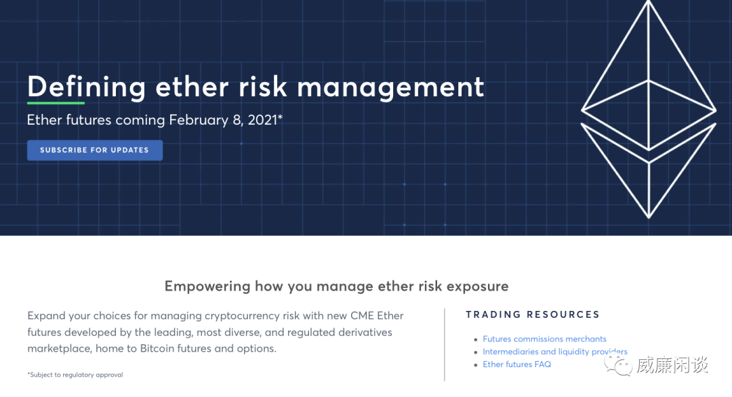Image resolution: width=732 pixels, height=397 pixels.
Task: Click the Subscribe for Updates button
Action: click(x=95, y=150)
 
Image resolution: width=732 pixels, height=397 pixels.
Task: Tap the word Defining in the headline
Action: click(x=87, y=87)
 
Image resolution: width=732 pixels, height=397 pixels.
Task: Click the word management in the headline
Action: click(x=391, y=87)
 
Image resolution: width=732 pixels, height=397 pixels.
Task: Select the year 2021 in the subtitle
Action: click(x=263, y=120)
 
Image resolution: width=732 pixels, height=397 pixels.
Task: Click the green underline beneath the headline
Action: click(x=56, y=102)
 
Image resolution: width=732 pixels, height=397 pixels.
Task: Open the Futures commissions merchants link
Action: click(x=544, y=339)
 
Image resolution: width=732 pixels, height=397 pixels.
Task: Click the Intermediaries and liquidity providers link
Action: click(x=555, y=352)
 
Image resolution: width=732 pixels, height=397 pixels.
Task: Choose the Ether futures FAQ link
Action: click(x=516, y=364)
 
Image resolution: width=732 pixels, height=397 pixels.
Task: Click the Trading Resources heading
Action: click(x=533, y=314)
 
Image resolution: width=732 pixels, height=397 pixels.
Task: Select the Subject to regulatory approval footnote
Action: click(x=75, y=375)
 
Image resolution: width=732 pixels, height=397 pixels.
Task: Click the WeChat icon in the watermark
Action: click(x=618, y=365)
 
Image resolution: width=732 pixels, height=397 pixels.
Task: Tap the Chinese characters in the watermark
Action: click(x=672, y=365)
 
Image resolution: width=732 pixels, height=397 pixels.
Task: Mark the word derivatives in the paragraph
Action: click(x=363, y=332)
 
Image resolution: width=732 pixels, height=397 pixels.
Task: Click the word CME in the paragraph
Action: click(x=362, y=316)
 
